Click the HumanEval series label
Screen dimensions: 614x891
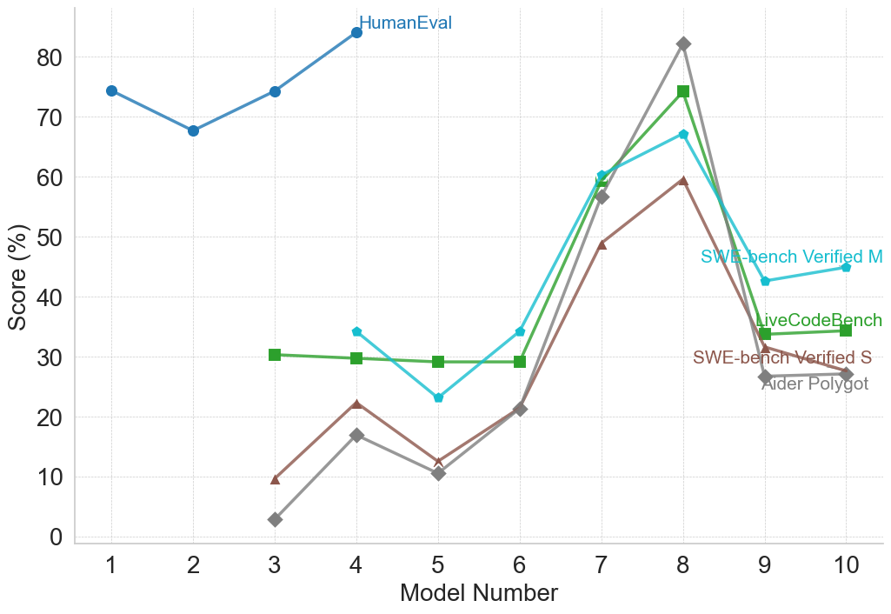tap(405, 23)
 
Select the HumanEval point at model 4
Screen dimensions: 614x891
tap(356, 33)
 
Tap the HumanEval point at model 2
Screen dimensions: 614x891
tap(193, 130)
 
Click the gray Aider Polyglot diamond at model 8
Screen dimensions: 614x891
tap(683, 43)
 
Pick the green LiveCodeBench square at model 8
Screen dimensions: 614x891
tap(683, 91)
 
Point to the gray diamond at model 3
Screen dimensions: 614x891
tap(275, 519)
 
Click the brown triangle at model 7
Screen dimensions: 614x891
tap(602, 244)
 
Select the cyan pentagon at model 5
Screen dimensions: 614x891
tap(438, 397)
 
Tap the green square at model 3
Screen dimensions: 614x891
tap(275, 355)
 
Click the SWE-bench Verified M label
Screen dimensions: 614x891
tap(791, 257)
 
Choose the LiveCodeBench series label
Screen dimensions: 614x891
tap(819, 321)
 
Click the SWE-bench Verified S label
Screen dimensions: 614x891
tap(782, 358)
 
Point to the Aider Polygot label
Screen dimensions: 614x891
tap(815, 384)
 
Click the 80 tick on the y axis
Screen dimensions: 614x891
tap(50, 58)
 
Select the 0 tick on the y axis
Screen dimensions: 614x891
tap(57, 537)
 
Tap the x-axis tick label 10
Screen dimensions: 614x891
tap(847, 566)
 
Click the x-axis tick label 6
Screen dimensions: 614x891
tap(520, 566)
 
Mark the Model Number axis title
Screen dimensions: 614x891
tap(478, 594)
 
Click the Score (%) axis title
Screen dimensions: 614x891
tap(17, 277)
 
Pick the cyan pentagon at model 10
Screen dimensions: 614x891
tap(847, 267)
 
